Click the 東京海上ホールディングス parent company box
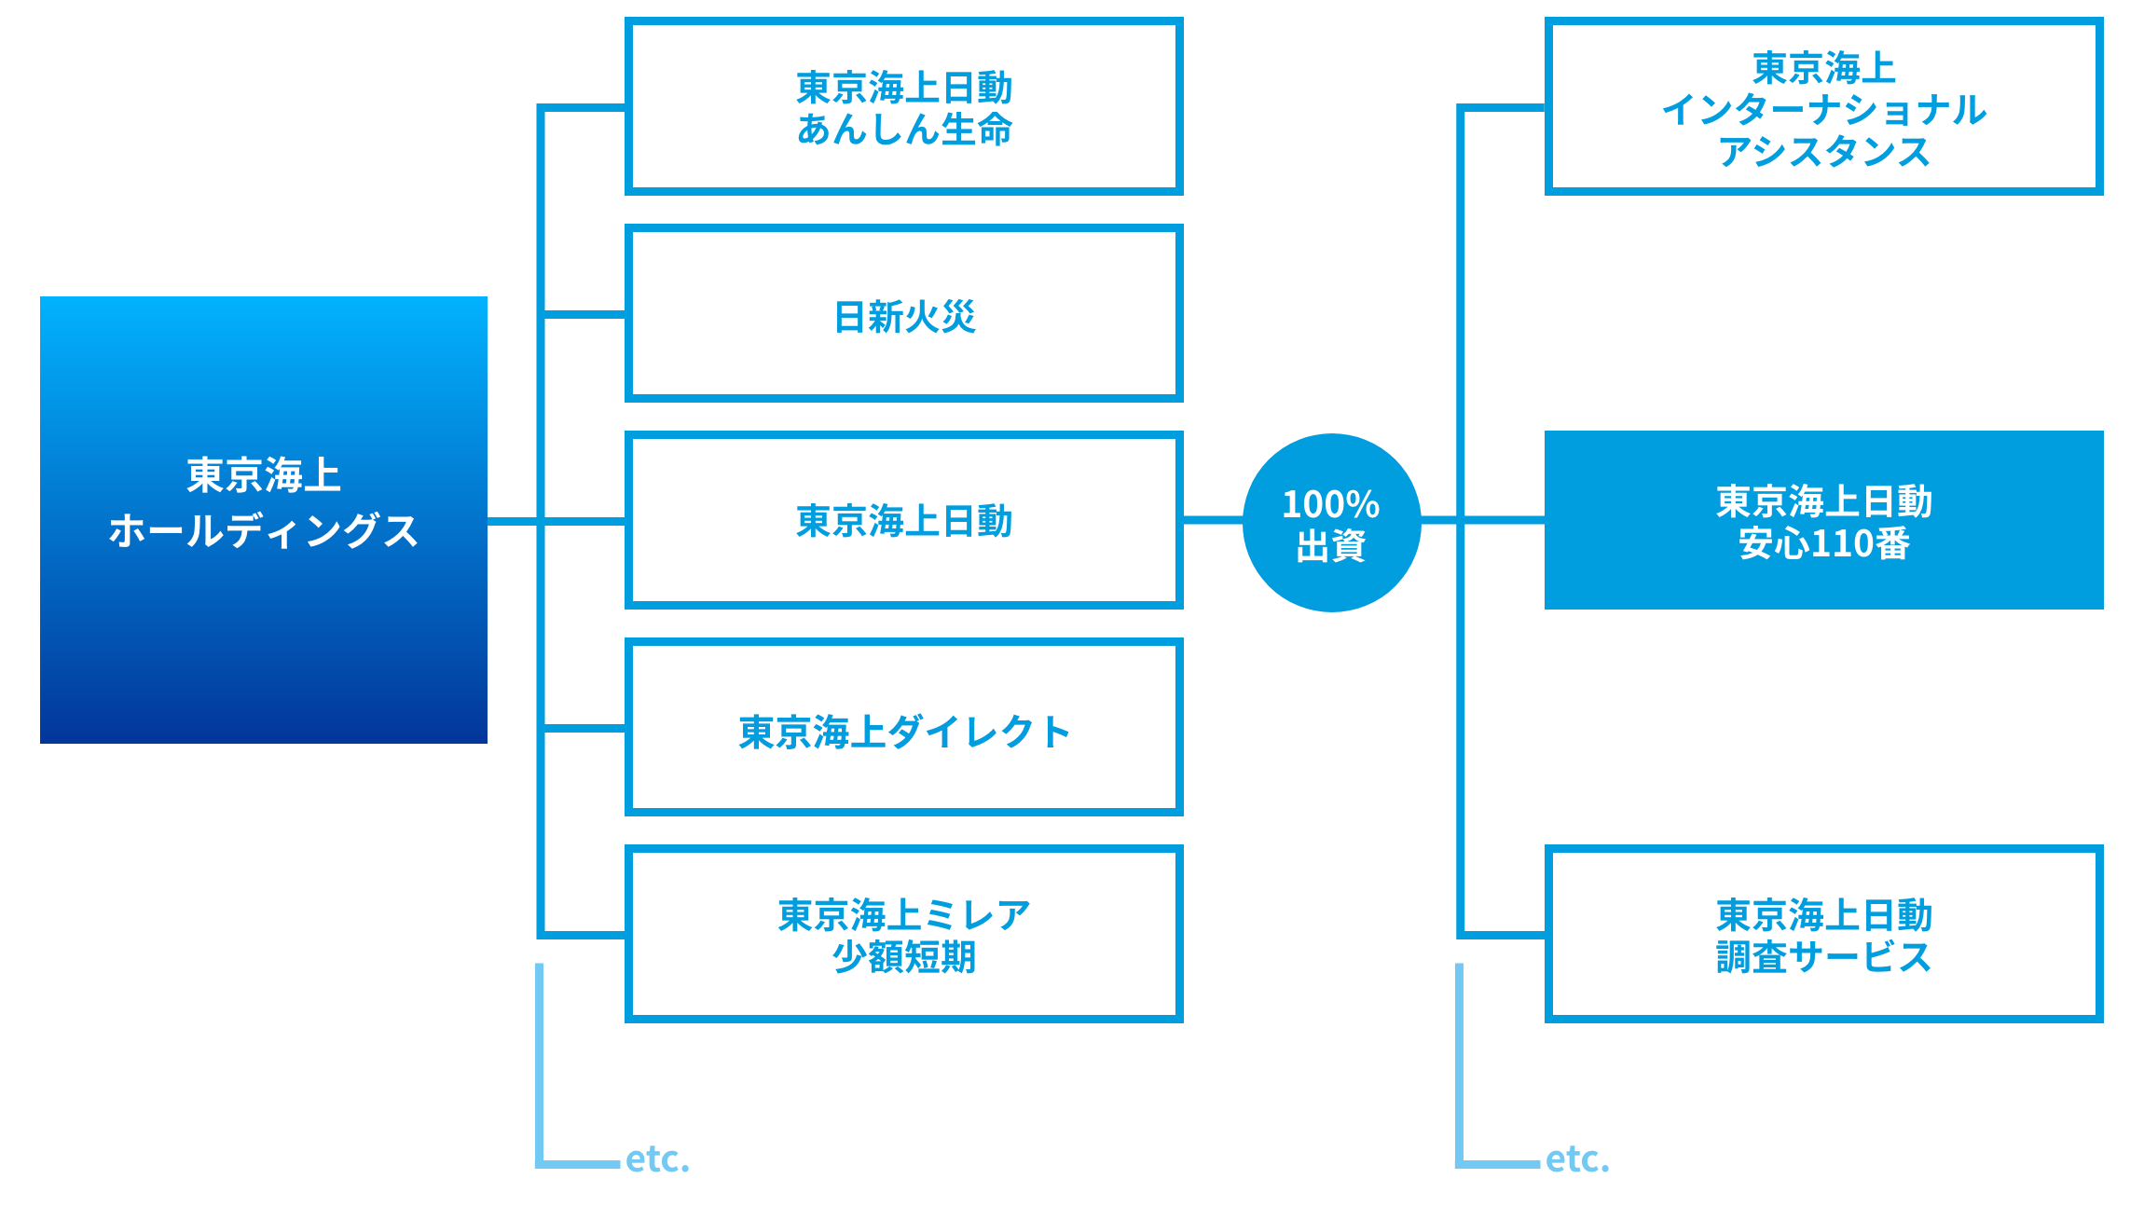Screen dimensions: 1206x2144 click(263, 519)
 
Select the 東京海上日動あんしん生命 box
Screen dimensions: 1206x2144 click(903, 107)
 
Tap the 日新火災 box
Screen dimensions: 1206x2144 click(903, 314)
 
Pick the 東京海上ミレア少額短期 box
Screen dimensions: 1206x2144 click(903, 934)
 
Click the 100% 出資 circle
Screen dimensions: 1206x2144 click(1331, 523)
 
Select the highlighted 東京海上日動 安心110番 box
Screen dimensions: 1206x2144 click(1823, 520)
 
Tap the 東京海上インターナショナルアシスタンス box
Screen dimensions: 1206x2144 click(1823, 107)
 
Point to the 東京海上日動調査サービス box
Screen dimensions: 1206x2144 click(1823, 934)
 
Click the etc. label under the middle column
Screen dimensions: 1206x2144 click(657, 1159)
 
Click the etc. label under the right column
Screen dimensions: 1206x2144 click(1577, 1159)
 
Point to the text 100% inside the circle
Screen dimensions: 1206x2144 click(1330, 504)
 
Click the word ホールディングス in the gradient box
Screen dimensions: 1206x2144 click(263, 531)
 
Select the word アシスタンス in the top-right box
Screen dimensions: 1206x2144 click(1823, 152)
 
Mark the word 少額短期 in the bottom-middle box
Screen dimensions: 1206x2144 click(903, 957)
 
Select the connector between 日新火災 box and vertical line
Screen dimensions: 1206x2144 click(584, 315)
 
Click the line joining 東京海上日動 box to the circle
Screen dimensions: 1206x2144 click(1212, 520)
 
